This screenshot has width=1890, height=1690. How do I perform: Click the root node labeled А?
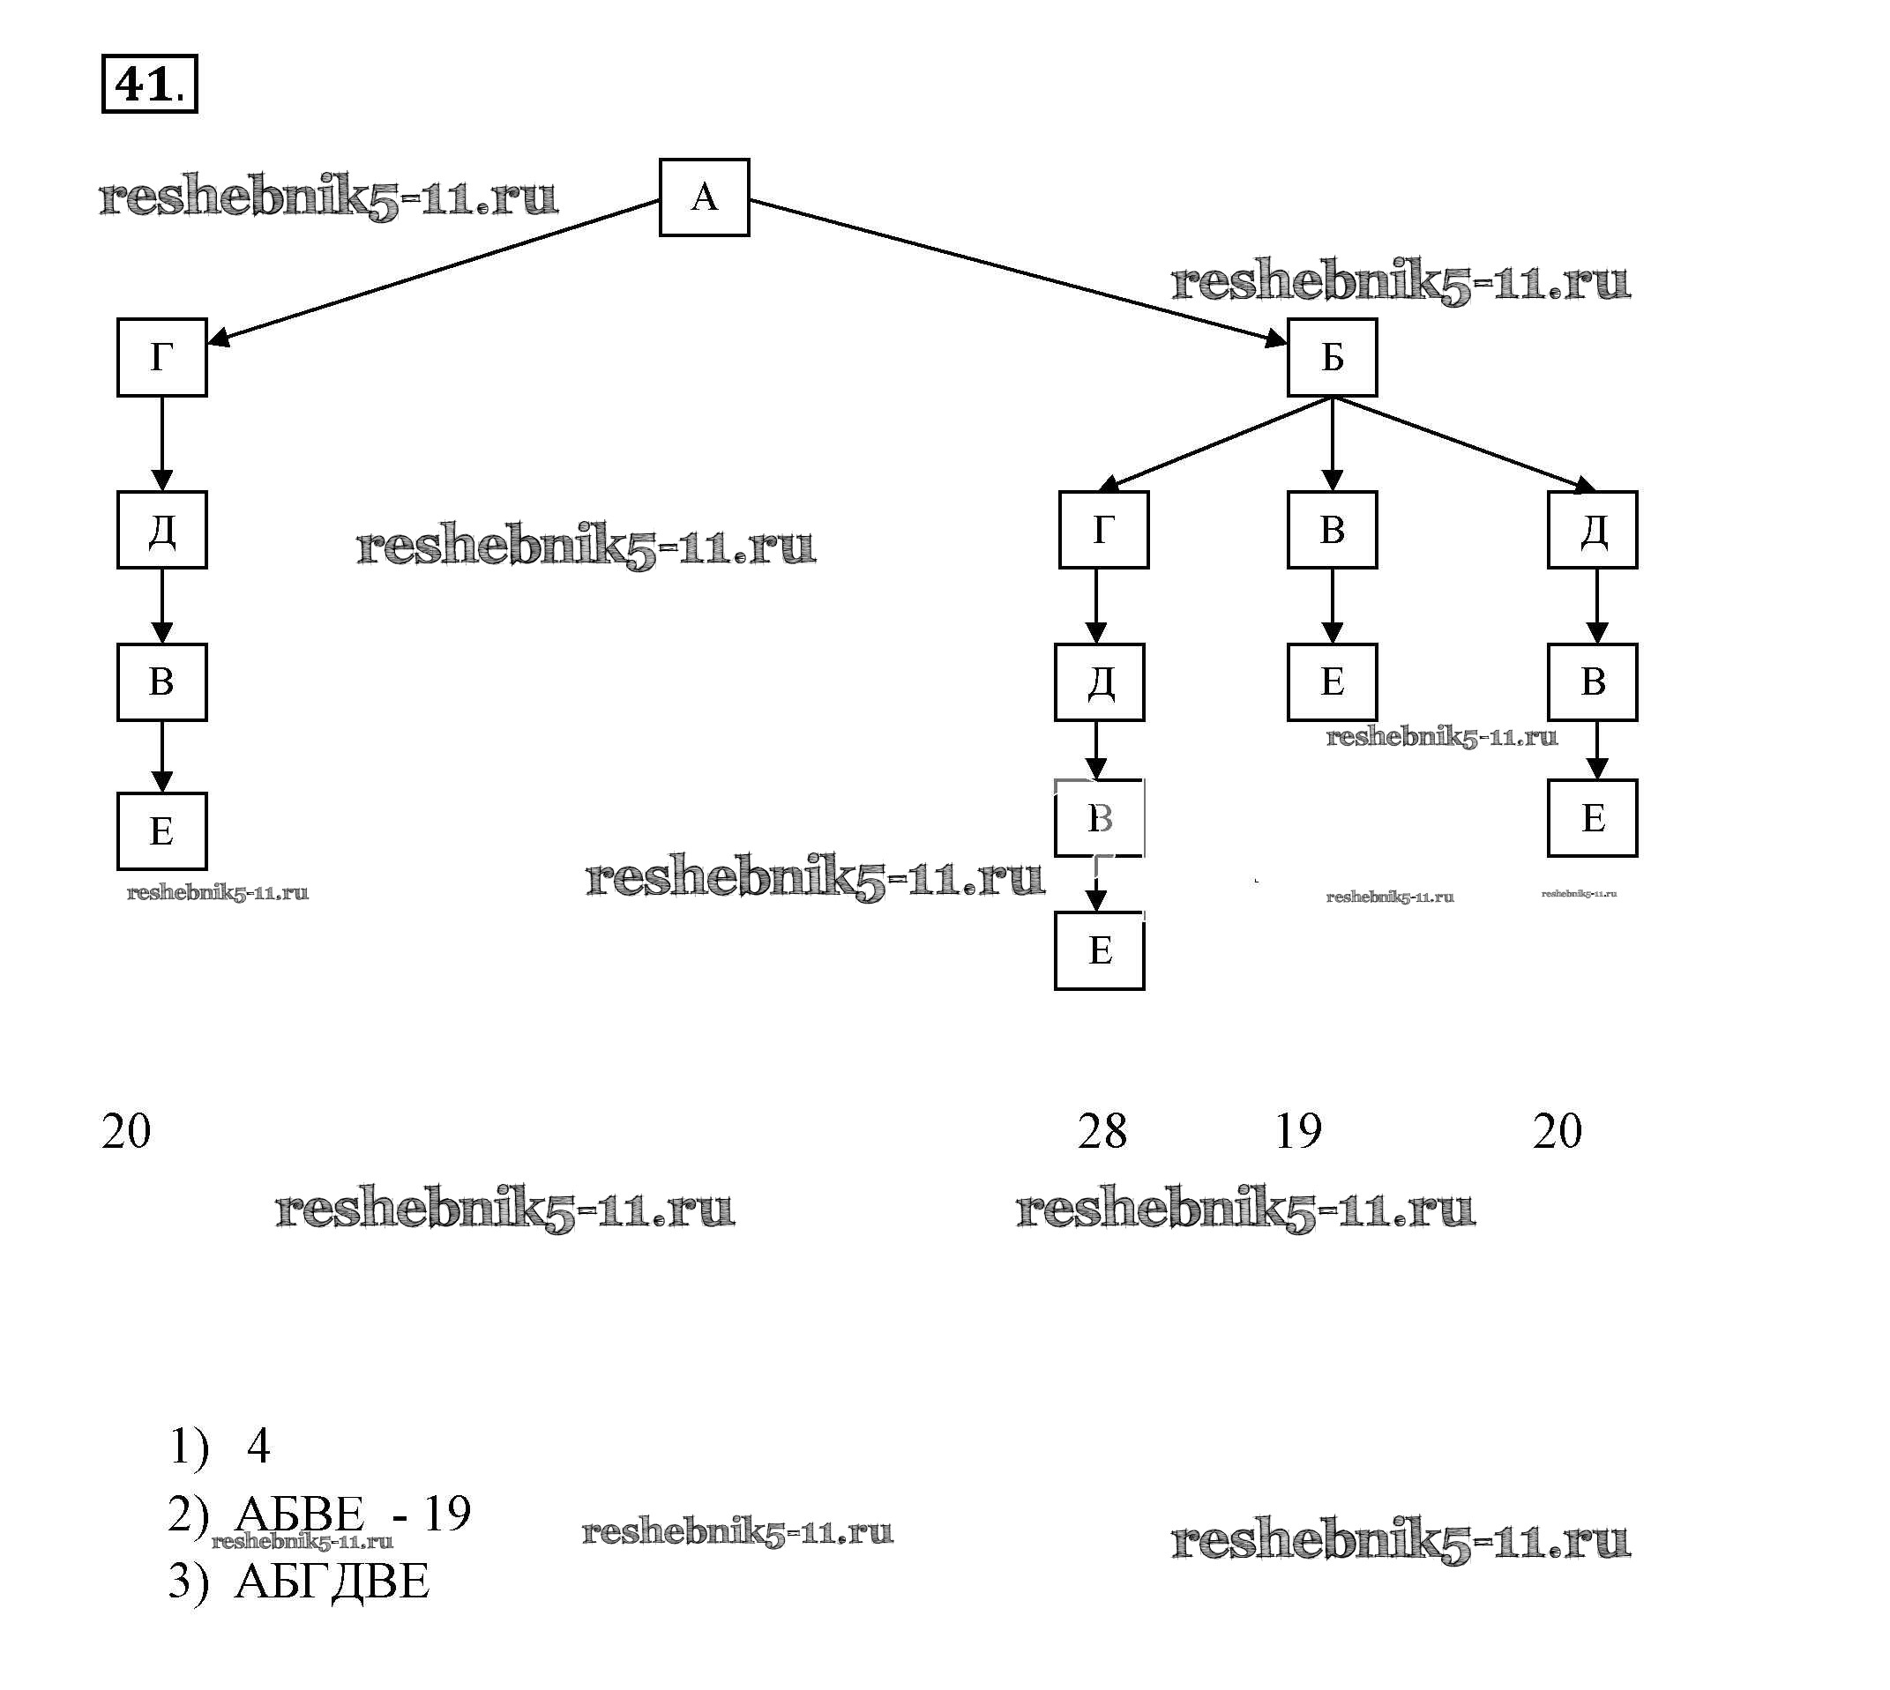coord(704,197)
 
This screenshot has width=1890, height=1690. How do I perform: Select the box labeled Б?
coord(1332,358)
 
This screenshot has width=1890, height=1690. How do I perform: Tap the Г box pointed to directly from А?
coord(161,358)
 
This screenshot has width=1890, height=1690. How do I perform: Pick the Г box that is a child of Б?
coord(1103,529)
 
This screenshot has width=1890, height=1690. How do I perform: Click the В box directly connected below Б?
coord(1332,529)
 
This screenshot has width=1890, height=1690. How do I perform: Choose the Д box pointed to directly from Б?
coord(1592,529)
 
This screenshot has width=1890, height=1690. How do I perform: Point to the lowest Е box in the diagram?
coord(1099,951)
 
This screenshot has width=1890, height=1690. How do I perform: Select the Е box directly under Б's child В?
coord(1332,681)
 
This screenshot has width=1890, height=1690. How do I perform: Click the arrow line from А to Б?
coord(1021,272)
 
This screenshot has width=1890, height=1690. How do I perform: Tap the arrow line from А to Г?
coord(437,272)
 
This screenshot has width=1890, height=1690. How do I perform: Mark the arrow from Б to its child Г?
coord(1217,443)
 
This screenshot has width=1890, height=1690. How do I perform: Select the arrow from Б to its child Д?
coord(1463,443)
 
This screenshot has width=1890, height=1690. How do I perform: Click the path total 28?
coord(1102,1131)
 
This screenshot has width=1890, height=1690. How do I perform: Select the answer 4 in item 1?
coord(258,1446)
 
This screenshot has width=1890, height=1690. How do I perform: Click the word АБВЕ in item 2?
coord(299,1515)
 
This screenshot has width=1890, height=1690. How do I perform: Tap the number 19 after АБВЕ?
coord(447,1513)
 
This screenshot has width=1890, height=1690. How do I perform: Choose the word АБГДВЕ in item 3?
coord(332,1582)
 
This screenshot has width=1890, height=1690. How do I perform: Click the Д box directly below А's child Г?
coord(161,529)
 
